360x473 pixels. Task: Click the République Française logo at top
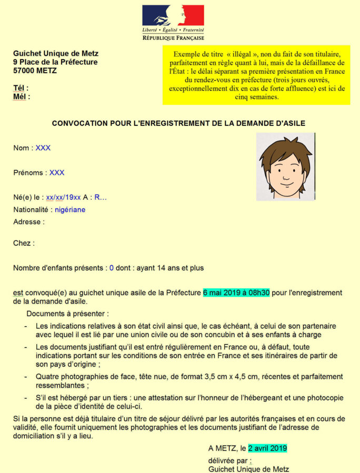click(173, 23)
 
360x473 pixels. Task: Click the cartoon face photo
click(285, 167)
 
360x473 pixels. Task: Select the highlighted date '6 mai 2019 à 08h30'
click(236, 293)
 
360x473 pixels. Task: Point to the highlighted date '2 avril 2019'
click(267, 448)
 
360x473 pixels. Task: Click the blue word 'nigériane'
click(70, 209)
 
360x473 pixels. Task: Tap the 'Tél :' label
click(21, 88)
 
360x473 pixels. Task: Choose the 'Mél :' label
click(22, 96)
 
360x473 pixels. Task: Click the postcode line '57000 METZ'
click(35, 71)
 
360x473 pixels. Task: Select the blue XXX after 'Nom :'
click(43, 148)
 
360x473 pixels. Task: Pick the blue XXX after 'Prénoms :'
click(57, 173)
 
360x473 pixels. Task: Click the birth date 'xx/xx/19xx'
click(63, 197)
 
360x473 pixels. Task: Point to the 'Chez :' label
click(24, 243)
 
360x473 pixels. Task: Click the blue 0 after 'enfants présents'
click(112, 268)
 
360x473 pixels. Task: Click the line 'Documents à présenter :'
click(68, 314)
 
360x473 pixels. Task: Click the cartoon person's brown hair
click(285, 148)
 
